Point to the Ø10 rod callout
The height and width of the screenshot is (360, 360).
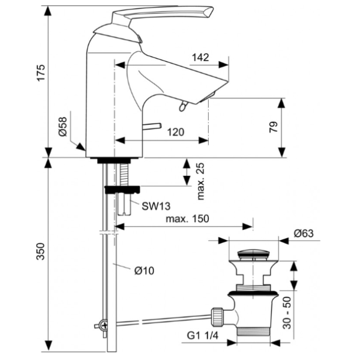click(145, 271)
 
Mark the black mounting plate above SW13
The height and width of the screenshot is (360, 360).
click(122, 190)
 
